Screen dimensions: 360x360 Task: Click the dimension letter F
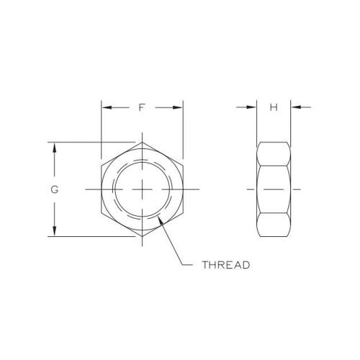click(x=142, y=108)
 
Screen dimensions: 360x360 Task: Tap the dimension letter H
click(x=274, y=108)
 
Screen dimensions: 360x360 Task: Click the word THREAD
click(x=225, y=265)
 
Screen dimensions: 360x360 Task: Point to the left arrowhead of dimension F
click(x=106, y=108)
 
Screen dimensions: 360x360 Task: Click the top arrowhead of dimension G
click(x=54, y=145)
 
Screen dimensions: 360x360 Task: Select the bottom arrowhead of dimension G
click(x=54, y=231)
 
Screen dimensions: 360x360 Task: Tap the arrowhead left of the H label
click(x=252, y=108)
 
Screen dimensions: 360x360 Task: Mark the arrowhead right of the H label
click(x=295, y=108)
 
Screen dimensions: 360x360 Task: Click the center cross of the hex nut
click(x=142, y=189)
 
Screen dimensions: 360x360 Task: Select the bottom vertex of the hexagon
click(x=142, y=236)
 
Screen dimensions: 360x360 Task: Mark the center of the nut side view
click(x=274, y=189)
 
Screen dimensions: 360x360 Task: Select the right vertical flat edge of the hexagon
click(x=183, y=189)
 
